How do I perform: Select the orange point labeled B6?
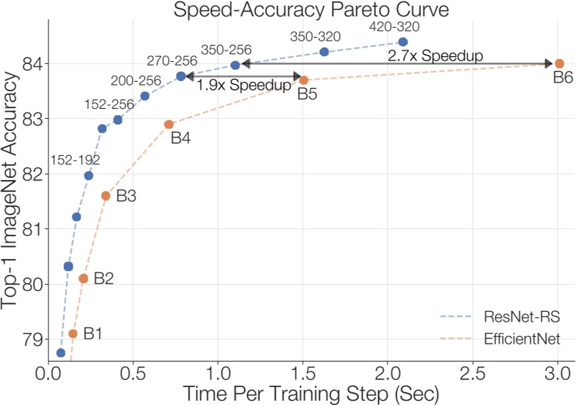(x=559, y=64)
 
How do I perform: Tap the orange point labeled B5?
(x=303, y=80)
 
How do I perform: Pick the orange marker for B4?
(x=169, y=125)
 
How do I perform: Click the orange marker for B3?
(x=105, y=195)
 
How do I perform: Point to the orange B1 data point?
(x=73, y=333)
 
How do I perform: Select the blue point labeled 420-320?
(x=403, y=43)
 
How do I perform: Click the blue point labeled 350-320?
(x=324, y=52)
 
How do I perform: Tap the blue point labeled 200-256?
(x=145, y=96)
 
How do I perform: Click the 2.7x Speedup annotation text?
(x=435, y=55)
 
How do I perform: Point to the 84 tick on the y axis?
(x=31, y=64)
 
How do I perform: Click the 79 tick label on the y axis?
(x=31, y=339)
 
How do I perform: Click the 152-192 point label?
(x=75, y=160)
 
